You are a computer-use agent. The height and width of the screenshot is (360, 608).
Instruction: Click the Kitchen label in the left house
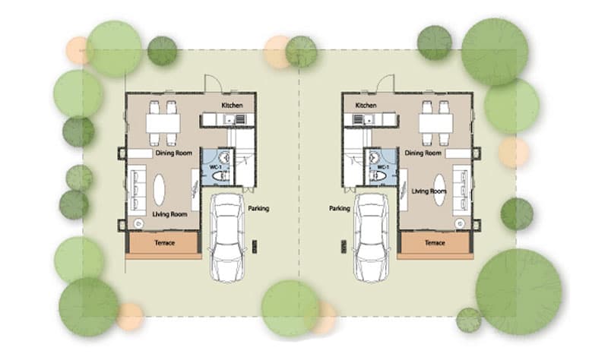[232, 106]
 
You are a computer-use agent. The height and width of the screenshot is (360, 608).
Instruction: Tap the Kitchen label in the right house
[366, 106]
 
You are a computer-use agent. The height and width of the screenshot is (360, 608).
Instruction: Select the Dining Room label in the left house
[174, 153]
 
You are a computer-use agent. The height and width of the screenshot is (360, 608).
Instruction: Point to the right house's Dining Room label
[423, 153]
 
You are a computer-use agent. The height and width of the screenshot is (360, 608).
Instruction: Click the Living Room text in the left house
[169, 214]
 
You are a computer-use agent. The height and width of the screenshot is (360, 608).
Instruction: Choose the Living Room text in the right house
[429, 191]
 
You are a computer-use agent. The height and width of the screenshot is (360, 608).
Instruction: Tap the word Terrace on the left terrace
[165, 243]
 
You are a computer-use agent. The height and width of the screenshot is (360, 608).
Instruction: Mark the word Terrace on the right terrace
[435, 243]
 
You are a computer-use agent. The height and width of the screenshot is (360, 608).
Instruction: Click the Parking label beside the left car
[258, 209]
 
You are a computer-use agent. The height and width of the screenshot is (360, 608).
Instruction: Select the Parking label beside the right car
[340, 209]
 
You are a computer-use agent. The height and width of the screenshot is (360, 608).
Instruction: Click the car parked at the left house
[227, 237]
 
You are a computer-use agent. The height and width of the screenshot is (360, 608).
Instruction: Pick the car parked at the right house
[371, 237]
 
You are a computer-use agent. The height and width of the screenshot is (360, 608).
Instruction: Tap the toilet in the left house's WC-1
[220, 176]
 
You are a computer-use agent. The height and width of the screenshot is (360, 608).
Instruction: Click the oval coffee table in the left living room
[159, 190]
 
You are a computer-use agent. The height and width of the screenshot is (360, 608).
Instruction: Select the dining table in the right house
[435, 123]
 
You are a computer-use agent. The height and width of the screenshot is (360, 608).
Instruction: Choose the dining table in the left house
[163, 123]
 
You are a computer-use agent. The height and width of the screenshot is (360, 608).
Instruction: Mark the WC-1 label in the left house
[216, 167]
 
